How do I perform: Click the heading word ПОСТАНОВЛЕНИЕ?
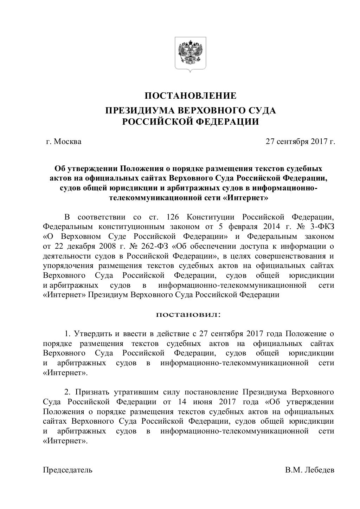point(191,96)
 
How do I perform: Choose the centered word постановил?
point(188,314)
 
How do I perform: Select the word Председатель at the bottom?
point(67,470)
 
